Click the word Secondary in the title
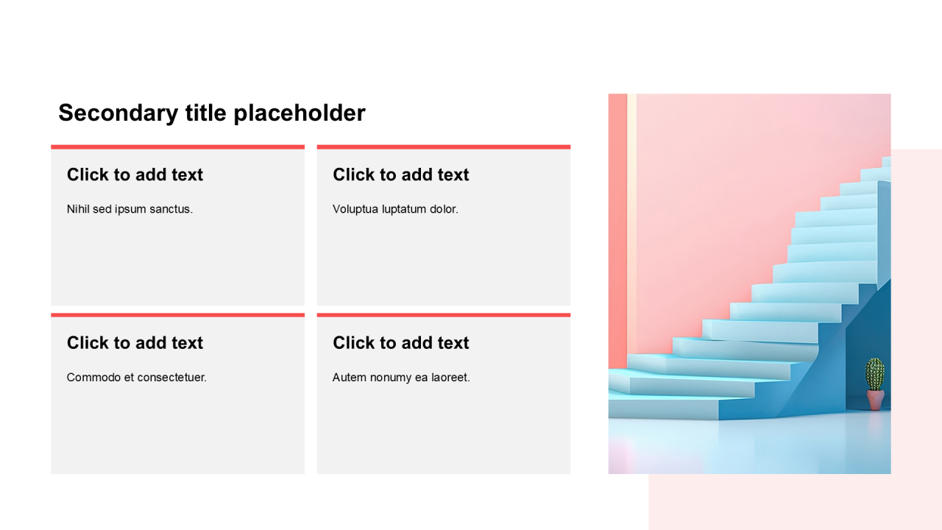[x=118, y=113]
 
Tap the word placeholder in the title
[x=300, y=113]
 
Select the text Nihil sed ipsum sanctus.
[x=130, y=209]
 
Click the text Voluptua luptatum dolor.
[x=395, y=209]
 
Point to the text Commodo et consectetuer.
[x=137, y=378]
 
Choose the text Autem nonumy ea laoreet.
[x=401, y=378]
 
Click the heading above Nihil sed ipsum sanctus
[x=135, y=174]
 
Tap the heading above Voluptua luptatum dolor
[x=401, y=174]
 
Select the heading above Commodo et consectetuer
[x=135, y=343]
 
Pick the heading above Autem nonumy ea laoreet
[x=401, y=343]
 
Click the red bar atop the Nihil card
[x=178, y=147]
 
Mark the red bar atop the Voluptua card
[x=444, y=147]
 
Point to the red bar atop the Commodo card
[x=178, y=315]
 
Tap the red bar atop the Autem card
[x=444, y=315]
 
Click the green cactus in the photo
[x=875, y=374]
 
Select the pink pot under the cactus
[x=875, y=400]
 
